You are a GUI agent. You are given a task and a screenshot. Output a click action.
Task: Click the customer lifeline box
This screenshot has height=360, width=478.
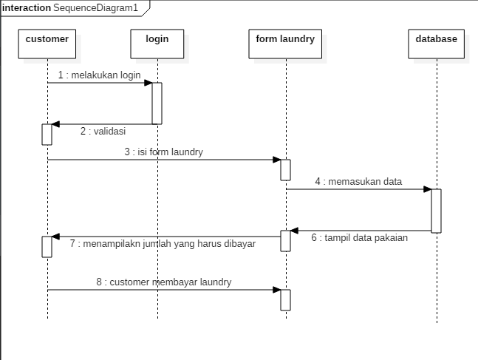click(x=47, y=43)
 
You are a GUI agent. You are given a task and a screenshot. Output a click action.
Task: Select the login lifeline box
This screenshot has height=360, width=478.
click(x=157, y=43)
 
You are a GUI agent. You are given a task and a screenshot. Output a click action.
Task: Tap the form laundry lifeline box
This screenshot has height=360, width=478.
click(x=285, y=43)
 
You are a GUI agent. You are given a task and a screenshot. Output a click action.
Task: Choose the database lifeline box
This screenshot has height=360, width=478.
click(x=437, y=43)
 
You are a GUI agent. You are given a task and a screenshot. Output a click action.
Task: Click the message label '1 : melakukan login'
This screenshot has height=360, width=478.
click(x=100, y=75)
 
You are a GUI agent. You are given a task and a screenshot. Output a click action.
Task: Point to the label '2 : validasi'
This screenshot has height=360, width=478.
click(x=103, y=132)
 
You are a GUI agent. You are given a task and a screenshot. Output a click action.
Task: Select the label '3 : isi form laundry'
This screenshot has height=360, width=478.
click(x=163, y=152)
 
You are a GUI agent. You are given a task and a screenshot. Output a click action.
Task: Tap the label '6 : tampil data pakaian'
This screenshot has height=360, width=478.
click(x=359, y=238)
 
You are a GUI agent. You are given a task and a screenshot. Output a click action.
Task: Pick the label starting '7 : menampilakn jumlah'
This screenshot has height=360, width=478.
click(x=163, y=243)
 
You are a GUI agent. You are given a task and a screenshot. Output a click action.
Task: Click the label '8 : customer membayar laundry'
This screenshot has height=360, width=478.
click(x=163, y=282)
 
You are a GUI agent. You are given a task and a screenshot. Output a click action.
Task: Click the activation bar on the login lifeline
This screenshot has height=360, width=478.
click(x=157, y=103)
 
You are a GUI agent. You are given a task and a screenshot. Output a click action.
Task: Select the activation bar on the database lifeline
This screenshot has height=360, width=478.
click(x=437, y=211)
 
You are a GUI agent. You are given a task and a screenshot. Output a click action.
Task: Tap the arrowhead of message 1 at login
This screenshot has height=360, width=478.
click(x=148, y=83)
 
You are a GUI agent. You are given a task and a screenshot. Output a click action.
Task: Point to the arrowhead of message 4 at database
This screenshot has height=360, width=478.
click(x=427, y=189)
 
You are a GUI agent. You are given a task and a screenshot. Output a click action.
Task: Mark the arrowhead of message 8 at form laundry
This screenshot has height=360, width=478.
click(x=276, y=290)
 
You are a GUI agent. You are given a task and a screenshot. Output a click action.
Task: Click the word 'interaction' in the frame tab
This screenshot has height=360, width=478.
click(x=27, y=7)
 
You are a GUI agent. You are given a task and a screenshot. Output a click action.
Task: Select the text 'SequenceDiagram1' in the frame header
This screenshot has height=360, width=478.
click(x=95, y=7)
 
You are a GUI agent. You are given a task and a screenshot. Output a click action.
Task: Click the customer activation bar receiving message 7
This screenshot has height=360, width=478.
click(x=47, y=246)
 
